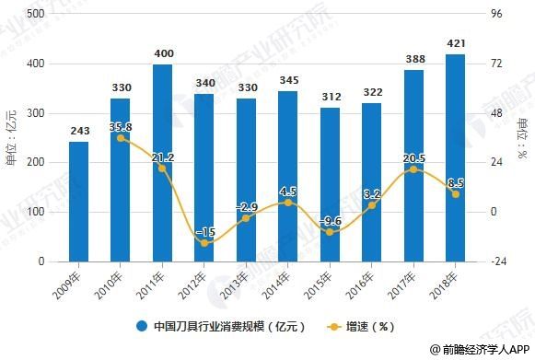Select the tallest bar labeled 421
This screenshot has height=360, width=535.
[455, 157]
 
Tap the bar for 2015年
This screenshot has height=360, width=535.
[330, 184]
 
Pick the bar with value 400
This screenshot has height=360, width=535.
[163, 163]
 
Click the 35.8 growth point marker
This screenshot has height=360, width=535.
[121, 138]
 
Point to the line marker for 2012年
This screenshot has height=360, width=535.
[204, 243]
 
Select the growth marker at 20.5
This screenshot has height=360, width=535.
[413, 169]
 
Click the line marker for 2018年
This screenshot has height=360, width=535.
[455, 193]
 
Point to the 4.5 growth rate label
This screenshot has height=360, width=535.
[288, 192]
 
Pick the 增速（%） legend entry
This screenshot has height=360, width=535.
[362, 326]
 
